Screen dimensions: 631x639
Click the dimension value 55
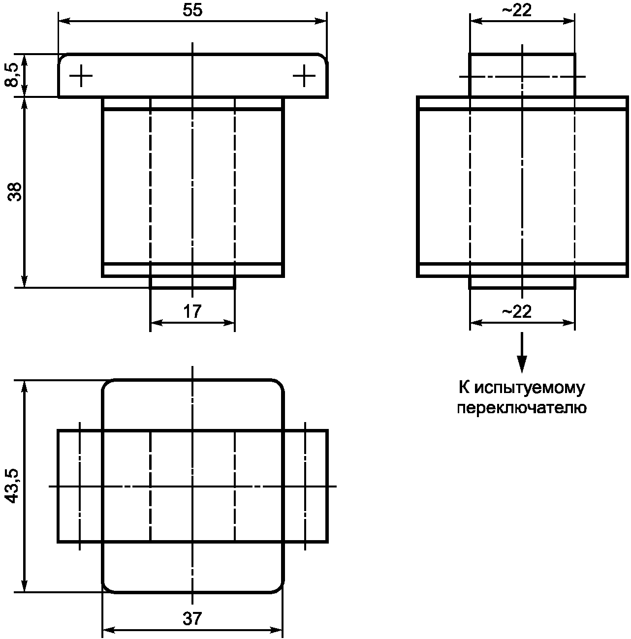tap(192, 11)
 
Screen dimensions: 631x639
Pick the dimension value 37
tap(192, 618)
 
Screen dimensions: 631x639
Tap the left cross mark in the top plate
tap(81, 76)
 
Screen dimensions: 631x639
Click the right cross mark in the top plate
tap(304, 76)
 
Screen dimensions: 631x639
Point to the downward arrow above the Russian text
tap(522, 354)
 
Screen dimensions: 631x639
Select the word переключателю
tap(522, 408)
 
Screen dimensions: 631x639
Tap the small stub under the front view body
tap(192, 282)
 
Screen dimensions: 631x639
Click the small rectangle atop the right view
tap(522, 75)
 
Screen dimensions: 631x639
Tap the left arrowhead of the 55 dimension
tap(63, 21)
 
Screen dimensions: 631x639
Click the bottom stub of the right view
tap(522, 282)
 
